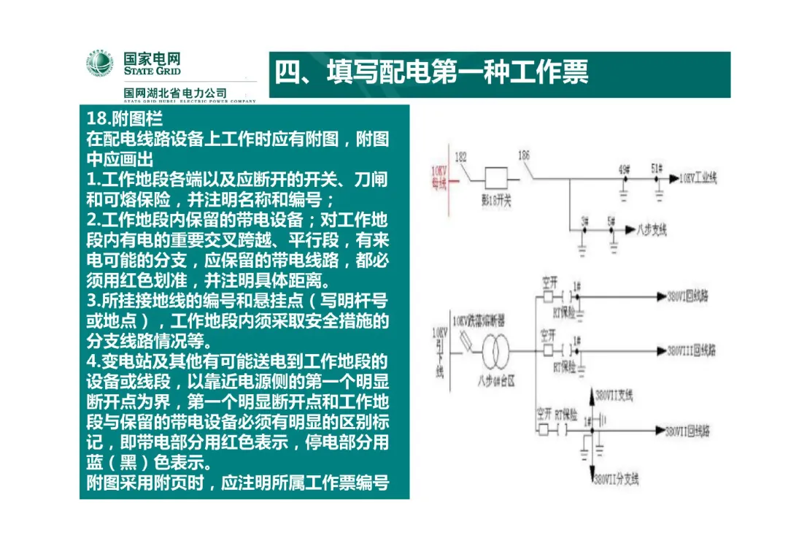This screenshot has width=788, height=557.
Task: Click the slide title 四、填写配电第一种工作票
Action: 431,72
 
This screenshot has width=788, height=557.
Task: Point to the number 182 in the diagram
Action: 460,156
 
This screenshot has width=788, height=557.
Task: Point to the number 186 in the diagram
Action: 523,155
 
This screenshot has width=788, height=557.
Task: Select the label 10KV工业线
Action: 698,178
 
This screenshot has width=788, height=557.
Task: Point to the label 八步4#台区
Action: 496,380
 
